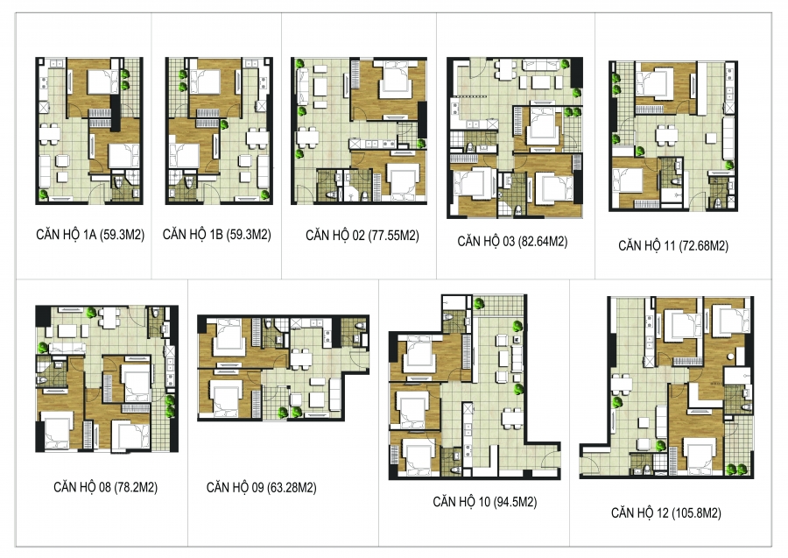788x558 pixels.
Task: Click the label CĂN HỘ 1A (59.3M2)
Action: (90, 235)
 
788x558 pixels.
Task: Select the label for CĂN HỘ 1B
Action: (217, 235)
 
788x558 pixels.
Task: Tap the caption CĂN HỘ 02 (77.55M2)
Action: (362, 236)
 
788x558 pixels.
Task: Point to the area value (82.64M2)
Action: (543, 242)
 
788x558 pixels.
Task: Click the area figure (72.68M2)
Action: (704, 246)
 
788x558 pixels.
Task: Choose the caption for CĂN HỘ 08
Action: (106, 487)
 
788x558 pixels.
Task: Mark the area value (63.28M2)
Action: (292, 488)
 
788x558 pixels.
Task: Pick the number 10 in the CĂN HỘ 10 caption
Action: (484, 502)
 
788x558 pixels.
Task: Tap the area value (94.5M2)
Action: (516, 502)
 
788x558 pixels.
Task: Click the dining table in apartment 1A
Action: (49, 134)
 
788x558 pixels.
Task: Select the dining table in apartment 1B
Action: (257, 138)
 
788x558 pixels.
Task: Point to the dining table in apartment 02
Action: (307, 137)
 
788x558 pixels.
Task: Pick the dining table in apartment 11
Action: (667, 135)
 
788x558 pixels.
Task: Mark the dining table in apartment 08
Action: (109, 318)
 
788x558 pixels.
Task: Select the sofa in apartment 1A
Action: (46, 169)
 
